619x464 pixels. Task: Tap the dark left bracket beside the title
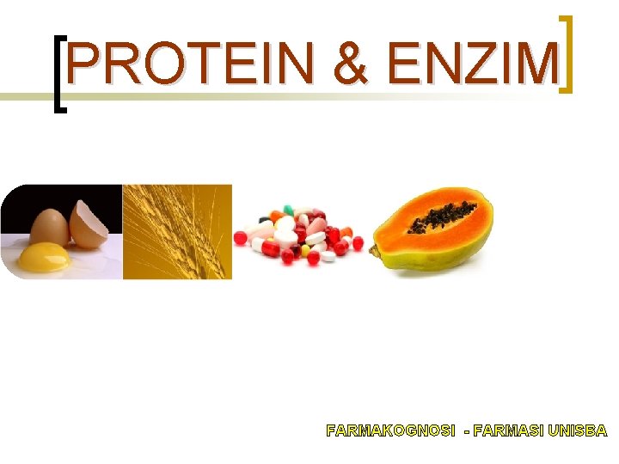point(59,74)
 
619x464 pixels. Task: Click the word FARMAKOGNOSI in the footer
point(391,430)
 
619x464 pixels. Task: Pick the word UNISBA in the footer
point(579,430)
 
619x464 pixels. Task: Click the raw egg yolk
point(42,255)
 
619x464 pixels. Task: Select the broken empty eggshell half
point(89,225)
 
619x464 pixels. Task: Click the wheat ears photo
point(176,232)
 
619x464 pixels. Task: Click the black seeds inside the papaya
point(443,217)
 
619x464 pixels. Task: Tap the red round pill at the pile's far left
point(241,236)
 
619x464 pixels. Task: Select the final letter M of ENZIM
point(536,65)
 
